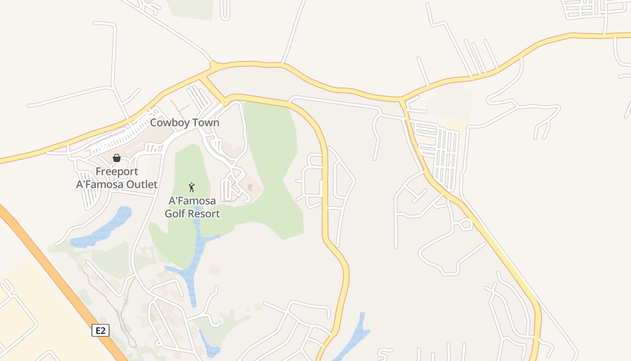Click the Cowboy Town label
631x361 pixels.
tap(184, 123)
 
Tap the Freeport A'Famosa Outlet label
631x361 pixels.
tap(117, 178)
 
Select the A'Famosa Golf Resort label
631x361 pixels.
tap(192, 207)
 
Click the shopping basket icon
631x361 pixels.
tap(117, 158)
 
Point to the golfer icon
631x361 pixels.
tap(192, 187)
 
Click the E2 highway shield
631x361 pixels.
tap(101, 330)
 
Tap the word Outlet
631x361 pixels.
tap(140, 184)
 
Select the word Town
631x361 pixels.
tap(205, 123)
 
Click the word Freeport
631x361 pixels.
tap(117, 171)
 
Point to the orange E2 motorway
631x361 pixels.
tap(54, 271)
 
